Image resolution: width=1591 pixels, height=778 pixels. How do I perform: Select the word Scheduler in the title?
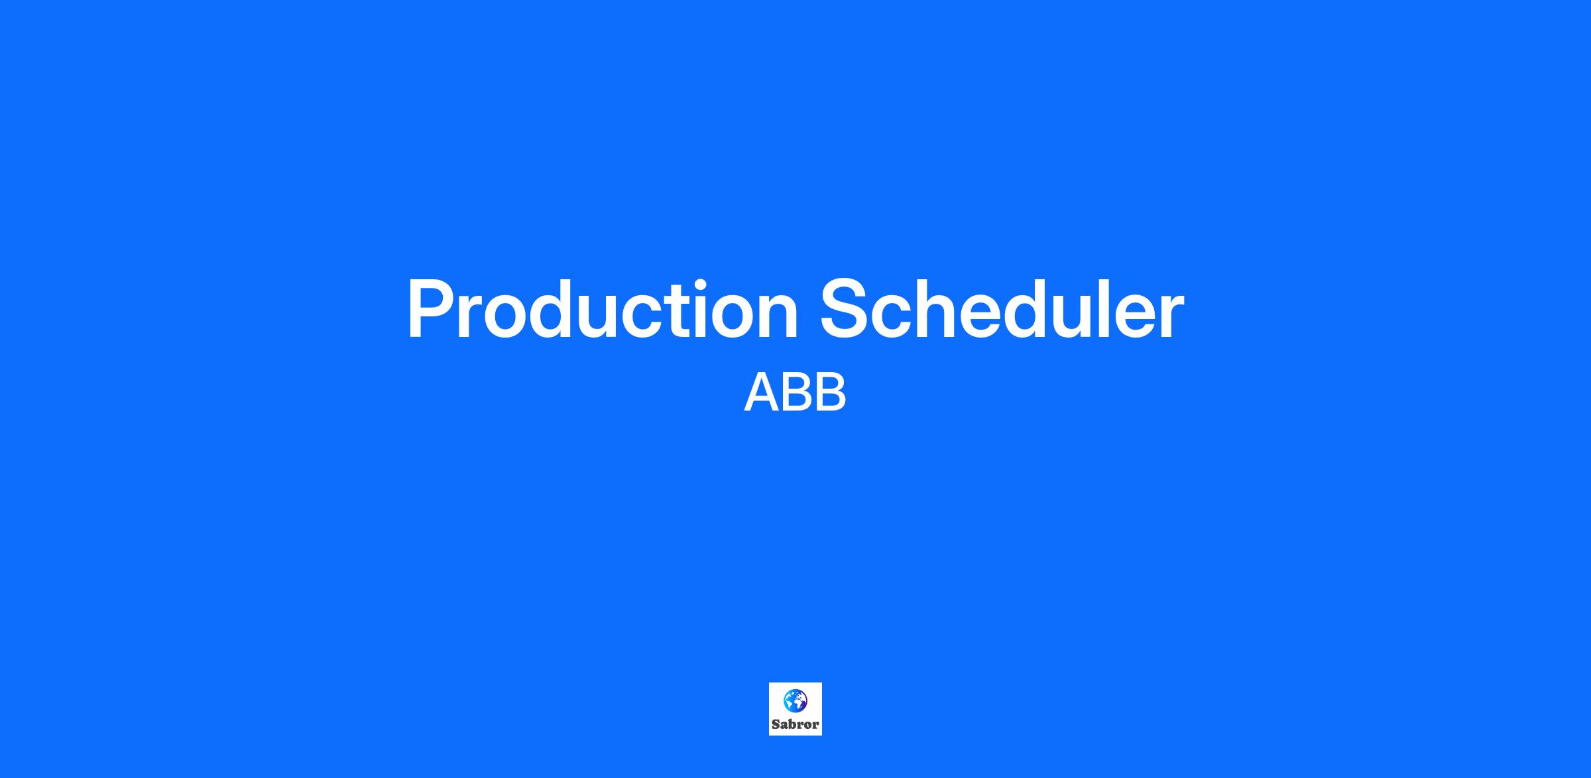[1002, 309]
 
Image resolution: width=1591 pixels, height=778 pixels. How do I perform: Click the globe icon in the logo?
[795, 700]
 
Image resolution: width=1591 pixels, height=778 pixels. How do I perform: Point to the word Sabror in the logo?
[795, 724]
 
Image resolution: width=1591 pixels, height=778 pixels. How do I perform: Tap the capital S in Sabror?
[776, 724]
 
